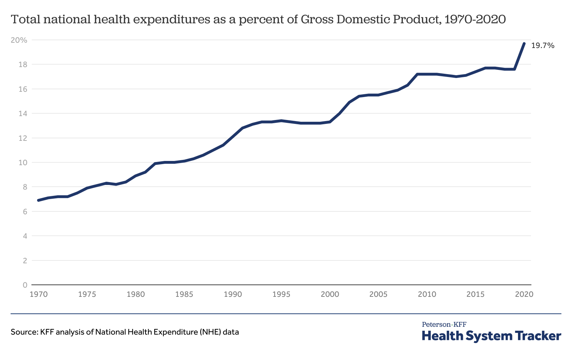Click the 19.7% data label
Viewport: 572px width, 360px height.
point(543,46)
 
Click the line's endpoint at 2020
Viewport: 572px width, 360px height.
point(524,43)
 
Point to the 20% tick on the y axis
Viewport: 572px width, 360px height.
point(19,40)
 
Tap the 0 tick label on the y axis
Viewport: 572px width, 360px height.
point(25,285)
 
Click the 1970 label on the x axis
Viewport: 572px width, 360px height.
point(38,294)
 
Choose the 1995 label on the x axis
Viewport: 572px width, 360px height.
point(281,294)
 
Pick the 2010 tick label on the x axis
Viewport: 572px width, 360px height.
point(427,294)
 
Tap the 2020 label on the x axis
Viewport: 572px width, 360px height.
point(524,294)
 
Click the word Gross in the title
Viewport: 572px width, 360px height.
point(315,20)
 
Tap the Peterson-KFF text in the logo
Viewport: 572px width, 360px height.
point(444,324)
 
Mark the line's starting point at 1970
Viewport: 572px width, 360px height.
point(38,200)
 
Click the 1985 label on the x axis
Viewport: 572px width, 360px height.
point(184,294)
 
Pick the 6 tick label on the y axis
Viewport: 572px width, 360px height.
point(25,212)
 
